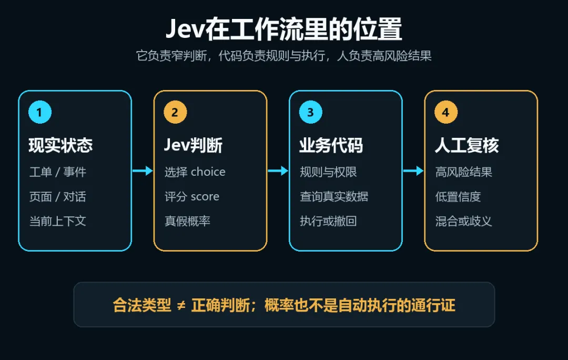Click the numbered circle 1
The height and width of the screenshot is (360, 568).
(x=40, y=112)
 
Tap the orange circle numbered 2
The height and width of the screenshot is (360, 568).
(x=175, y=112)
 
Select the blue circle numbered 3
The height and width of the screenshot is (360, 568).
(x=310, y=112)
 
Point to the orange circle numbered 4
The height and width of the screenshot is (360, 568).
(x=446, y=112)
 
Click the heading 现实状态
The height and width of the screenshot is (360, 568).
(x=60, y=145)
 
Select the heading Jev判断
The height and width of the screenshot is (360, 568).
(x=193, y=145)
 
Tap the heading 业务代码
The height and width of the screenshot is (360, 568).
(x=331, y=145)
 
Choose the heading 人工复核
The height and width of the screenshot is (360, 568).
(x=466, y=145)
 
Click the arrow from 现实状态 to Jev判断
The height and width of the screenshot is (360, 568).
(x=143, y=171)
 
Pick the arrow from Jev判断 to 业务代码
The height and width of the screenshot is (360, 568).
(x=278, y=171)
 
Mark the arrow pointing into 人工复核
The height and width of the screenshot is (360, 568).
(x=413, y=171)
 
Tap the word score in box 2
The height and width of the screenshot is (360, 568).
(x=205, y=196)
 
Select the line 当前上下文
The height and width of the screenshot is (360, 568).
(x=58, y=221)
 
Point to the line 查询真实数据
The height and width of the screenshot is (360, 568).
(x=334, y=196)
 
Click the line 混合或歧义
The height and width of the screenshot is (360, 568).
(x=464, y=221)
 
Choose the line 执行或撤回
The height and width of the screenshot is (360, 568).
(x=328, y=221)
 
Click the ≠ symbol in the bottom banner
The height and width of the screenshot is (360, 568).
(x=181, y=306)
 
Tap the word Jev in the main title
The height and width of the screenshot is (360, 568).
(x=186, y=28)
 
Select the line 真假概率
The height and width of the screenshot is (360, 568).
(x=187, y=221)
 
